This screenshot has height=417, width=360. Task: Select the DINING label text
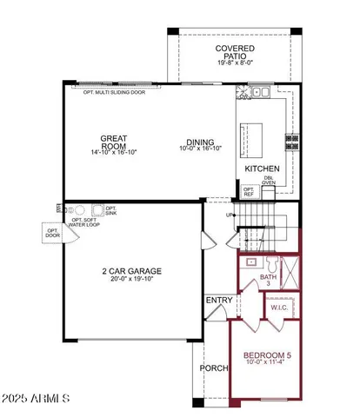203,143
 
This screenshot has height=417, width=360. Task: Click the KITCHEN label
261,169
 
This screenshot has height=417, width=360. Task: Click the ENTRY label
217,301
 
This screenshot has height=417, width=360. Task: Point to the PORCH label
213,367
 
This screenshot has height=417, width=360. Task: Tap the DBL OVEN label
269,181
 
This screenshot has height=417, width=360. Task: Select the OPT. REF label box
248,191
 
